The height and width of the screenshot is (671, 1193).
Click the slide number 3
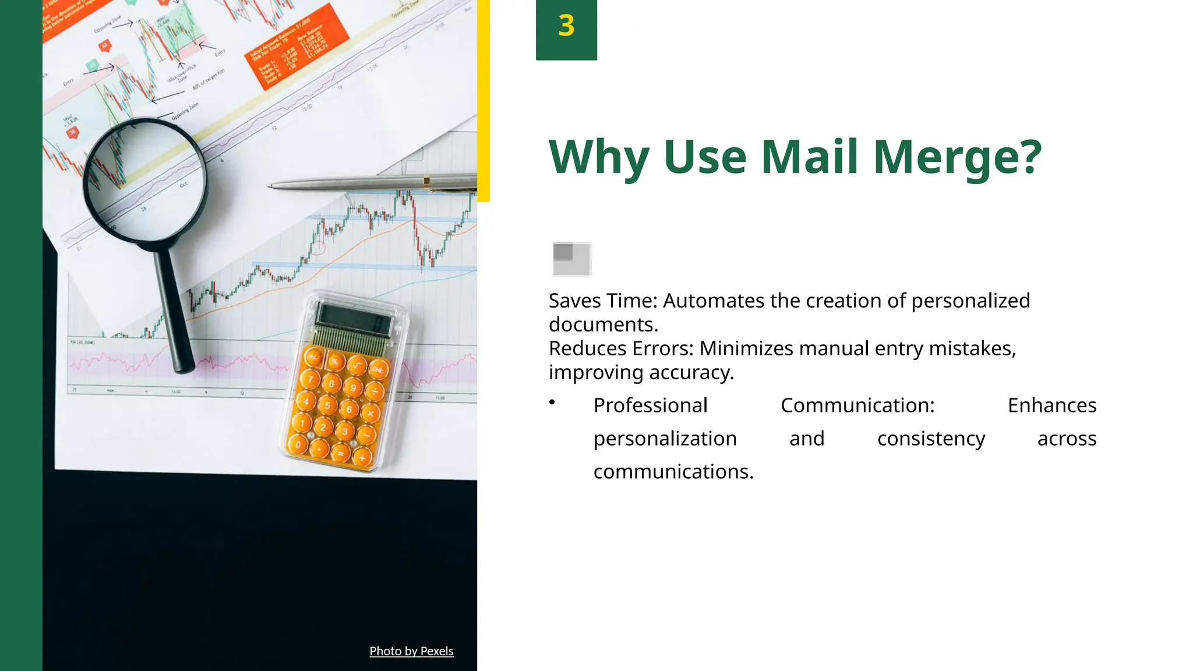click(566, 26)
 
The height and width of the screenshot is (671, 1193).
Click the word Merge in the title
click(956, 157)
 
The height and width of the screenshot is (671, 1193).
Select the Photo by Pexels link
click(411, 651)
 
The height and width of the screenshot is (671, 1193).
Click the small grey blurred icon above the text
click(571, 259)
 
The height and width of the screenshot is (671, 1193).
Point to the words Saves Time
click(602, 301)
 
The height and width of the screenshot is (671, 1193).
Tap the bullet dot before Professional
click(552, 402)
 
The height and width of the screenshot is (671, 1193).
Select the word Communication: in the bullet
click(857, 405)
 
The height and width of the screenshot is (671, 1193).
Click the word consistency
click(931, 439)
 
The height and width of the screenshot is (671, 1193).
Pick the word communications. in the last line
click(673, 472)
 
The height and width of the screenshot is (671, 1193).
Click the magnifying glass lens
click(144, 179)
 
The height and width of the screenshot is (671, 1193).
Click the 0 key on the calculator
click(298, 444)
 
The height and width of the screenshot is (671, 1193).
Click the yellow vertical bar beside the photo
click(483, 99)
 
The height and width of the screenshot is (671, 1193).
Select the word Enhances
click(1051, 405)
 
